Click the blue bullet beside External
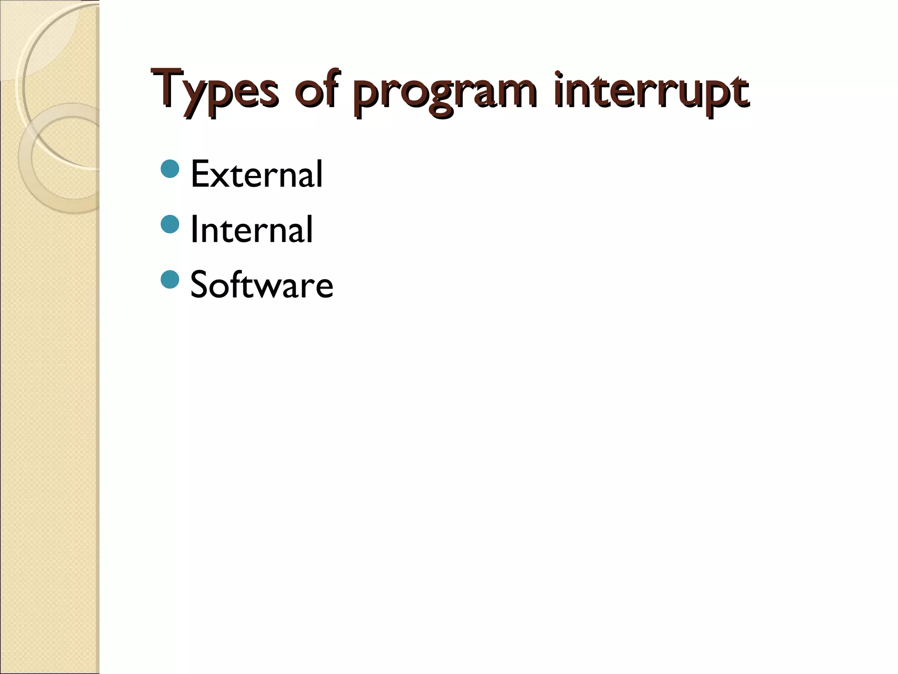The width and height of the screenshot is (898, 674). click(170, 169)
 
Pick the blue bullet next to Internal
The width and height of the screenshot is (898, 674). click(170, 224)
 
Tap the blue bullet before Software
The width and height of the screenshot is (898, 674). click(170, 280)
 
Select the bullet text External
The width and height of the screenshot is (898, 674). click(257, 174)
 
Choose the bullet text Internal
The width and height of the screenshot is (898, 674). click(251, 229)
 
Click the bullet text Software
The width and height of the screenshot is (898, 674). click(262, 285)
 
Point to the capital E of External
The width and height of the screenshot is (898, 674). click(200, 174)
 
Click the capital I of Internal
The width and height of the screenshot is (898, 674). click(193, 229)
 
